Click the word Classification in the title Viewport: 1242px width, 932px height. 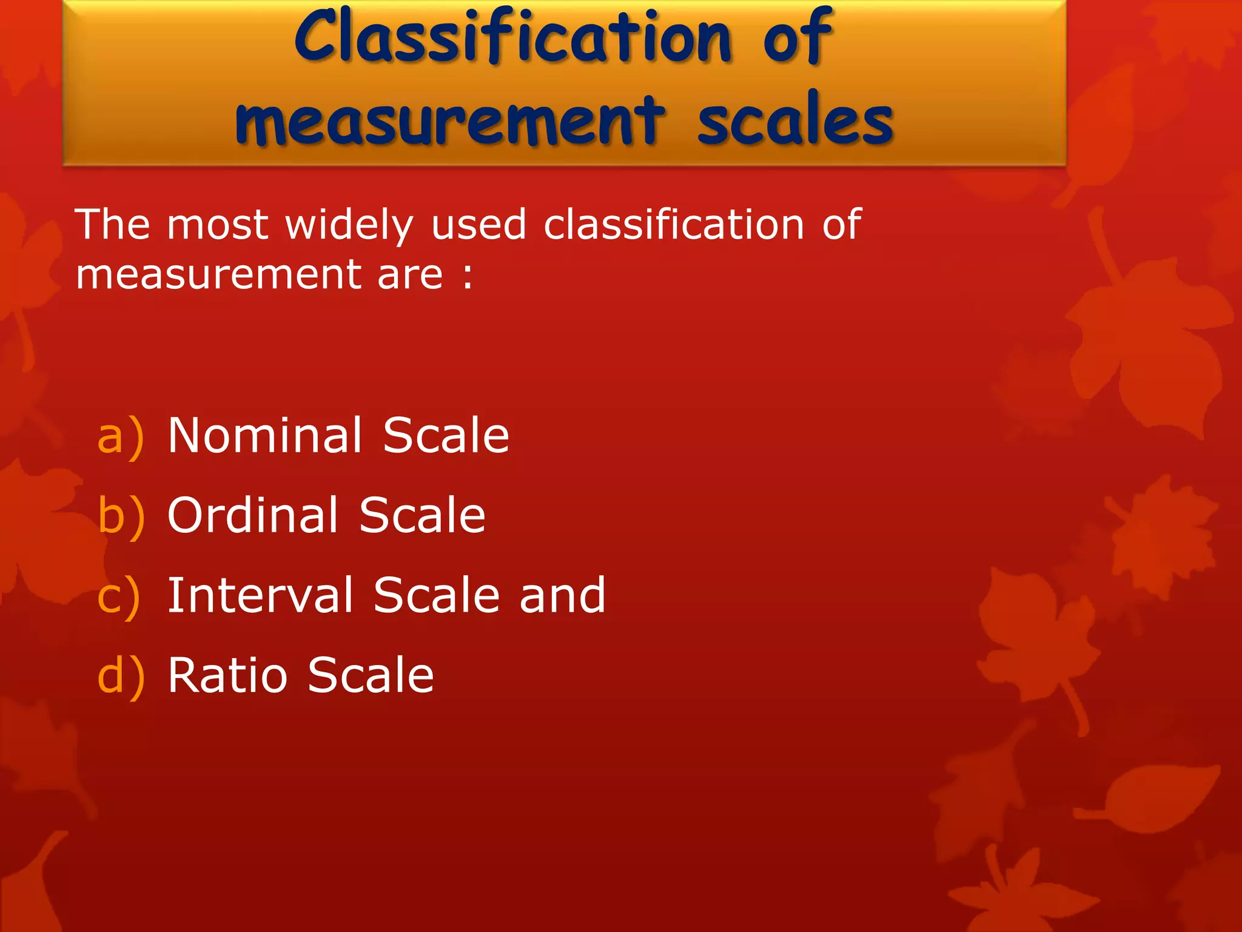[x=513, y=38]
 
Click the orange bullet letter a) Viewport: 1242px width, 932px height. [x=121, y=436]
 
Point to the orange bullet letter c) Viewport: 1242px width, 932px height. [x=119, y=596]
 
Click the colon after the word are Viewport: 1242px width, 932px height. [x=468, y=276]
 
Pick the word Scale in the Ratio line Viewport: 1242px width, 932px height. [x=371, y=675]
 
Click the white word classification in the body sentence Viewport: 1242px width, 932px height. [x=674, y=225]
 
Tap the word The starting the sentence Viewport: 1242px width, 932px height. [x=112, y=225]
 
